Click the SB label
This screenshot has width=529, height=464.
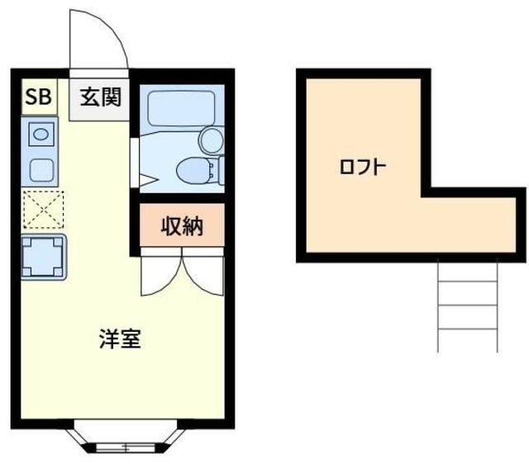coord(38,97)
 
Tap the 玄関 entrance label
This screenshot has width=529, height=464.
coord(100,97)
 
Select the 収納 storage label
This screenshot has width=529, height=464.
coord(181,225)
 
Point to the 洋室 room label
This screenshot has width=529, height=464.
coord(121,339)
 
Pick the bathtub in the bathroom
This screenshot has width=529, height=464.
coord(181,108)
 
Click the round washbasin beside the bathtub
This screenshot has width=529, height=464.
coord(212,138)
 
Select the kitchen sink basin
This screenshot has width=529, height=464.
coord(41,132)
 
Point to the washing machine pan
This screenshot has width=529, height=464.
coord(43,256)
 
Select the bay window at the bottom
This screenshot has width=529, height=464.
coord(126,438)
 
